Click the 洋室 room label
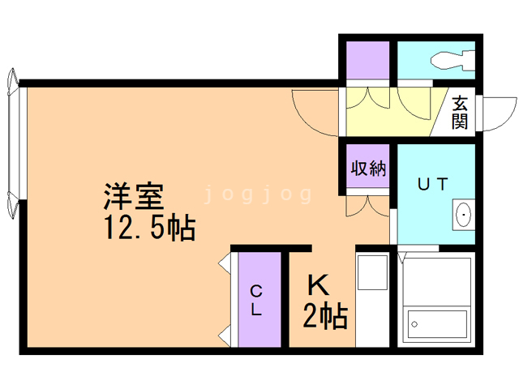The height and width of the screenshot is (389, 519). coord(133,196)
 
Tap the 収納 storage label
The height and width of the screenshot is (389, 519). coord(367,169)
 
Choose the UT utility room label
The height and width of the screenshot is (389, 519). coord(431,184)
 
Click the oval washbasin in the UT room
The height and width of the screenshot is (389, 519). coord(464,216)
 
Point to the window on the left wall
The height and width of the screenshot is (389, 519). coord(11,146)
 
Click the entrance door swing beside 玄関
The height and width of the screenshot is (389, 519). coord(496,114)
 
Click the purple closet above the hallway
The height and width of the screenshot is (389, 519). coord(367,59)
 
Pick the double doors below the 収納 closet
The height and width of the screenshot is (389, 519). coord(367,204)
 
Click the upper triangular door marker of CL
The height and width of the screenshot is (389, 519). coord(225,263)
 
